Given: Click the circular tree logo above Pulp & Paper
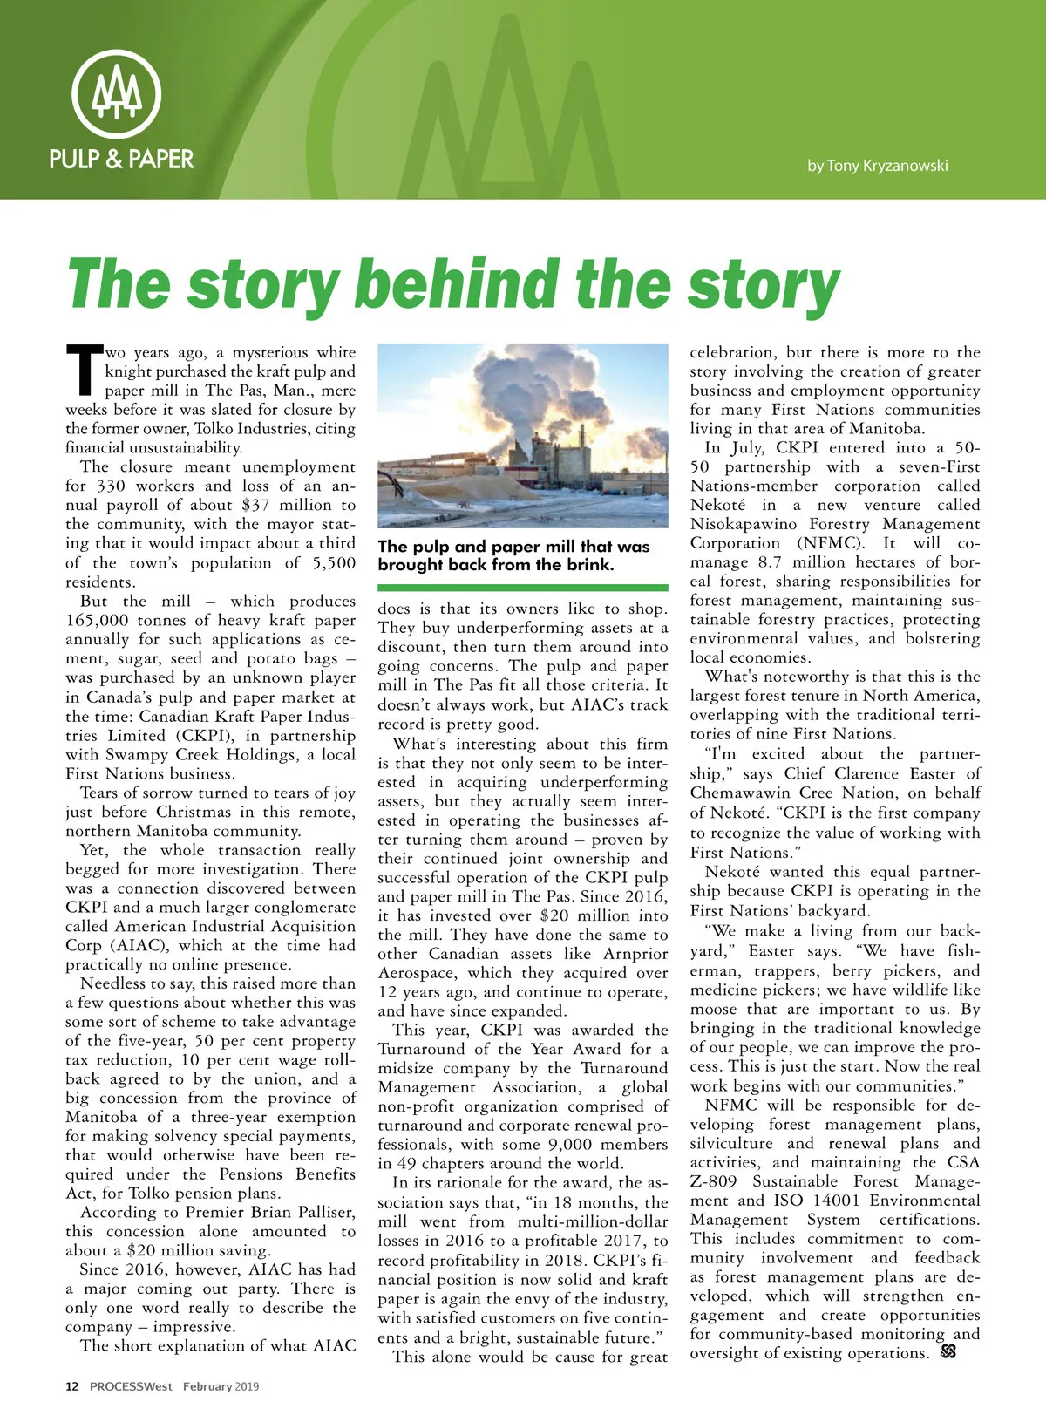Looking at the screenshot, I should point(116,93).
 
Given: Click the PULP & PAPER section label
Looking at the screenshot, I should point(121,159).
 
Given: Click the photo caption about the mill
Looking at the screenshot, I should point(513,555).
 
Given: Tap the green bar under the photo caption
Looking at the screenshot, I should point(523,588).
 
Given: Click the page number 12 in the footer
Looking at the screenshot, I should point(72,1386).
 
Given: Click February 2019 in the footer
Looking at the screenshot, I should point(221,1386).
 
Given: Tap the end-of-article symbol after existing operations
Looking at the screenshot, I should point(948,1352).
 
